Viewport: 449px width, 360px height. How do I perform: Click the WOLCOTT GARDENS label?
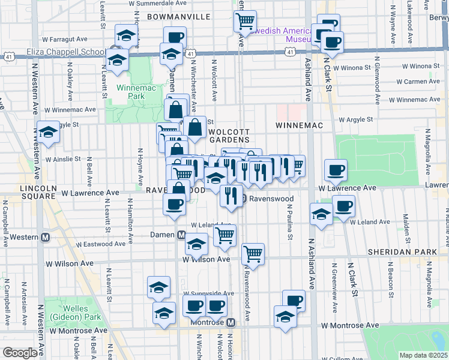(x=229, y=135)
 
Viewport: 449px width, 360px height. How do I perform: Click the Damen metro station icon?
(x=181, y=235)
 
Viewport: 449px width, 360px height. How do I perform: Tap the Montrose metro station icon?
(x=230, y=322)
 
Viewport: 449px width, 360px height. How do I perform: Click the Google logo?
(x=20, y=353)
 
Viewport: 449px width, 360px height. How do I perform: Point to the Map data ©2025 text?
(x=424, y=355)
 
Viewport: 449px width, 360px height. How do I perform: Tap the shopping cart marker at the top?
(x=245, y=21)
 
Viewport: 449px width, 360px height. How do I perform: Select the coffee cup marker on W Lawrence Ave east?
(x=336, y=170)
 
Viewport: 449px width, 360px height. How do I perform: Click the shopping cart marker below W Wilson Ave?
(x=253, y=254)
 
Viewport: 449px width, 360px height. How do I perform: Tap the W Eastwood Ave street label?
(x=104, y=244)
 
